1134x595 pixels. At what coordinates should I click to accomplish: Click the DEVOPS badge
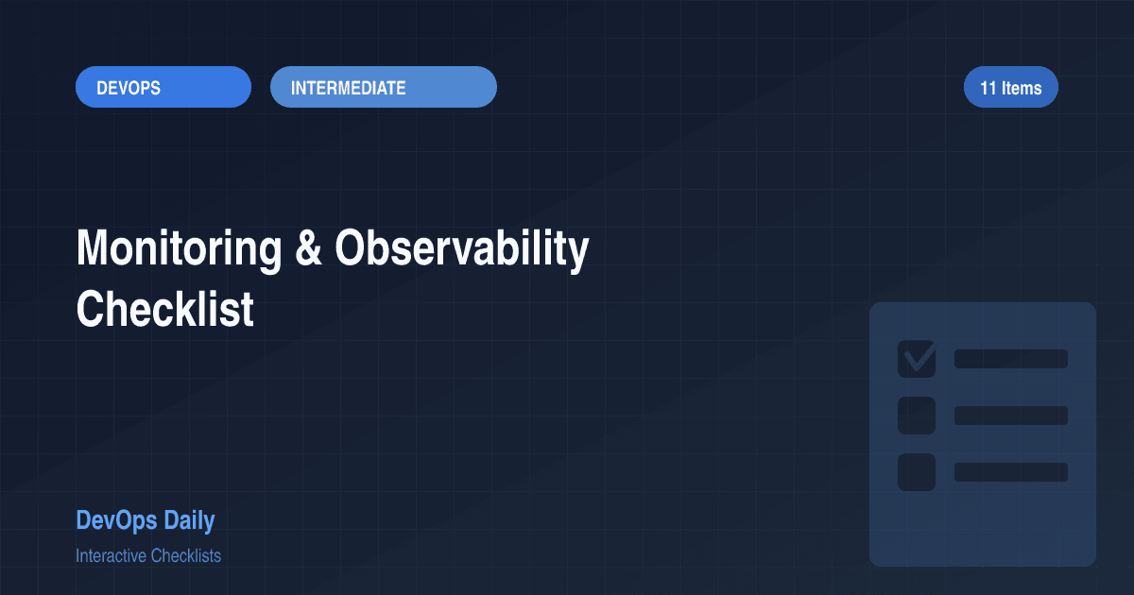click(x=163, y=88)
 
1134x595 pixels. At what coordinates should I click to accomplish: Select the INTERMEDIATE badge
click(x=383, y=88)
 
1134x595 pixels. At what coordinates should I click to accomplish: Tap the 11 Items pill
click(x=1010, y=88)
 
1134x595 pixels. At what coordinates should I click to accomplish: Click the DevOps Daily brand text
click(x=145, y=519)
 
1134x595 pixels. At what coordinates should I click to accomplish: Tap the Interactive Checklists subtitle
click(x=148, y=555)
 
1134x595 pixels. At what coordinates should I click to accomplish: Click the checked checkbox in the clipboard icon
click(x=916, y=359)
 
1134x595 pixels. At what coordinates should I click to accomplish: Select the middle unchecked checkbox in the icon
click(x=916, y=416)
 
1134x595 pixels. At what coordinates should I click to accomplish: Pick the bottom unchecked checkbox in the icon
click(x=916, y=472)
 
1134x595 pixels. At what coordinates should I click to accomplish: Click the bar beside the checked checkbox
click(x=1010, y=359)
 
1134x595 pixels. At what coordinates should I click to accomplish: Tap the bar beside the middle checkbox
click(x=1010, y=416)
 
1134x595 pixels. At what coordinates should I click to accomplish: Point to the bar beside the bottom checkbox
click(x=1010, y=472)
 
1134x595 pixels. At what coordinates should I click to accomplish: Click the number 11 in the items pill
click(x=988, y=88)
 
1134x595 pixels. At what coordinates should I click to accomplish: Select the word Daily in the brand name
click(x=189, y=519)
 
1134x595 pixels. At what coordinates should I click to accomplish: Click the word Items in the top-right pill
click(x=1022, y=88)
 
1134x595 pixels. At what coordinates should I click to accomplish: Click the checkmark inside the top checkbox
click(x=917, y=358)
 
